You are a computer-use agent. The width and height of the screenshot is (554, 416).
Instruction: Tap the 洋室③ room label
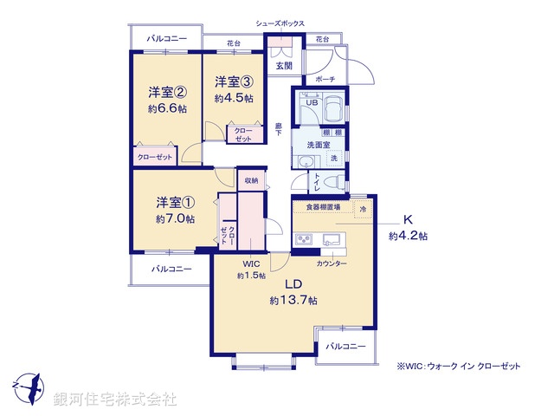[x=234, y=83]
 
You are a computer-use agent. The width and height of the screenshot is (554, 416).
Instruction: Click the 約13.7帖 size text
[x=293, y=301]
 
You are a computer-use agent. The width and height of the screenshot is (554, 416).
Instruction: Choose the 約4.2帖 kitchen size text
[x=407, y=235]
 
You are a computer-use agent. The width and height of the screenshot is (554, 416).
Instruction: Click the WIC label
[x=251, y=263]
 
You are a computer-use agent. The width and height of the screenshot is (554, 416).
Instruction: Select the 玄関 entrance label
[x=284, y=65]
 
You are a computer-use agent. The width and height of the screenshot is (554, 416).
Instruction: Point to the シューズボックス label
[x=280, y=23]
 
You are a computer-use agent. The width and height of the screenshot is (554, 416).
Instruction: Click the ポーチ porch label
[x=325, y=79]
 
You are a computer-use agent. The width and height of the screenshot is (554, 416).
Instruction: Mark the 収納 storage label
[x=251, y=180]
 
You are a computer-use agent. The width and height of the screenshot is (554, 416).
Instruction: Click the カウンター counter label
[x=332, y=263]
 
